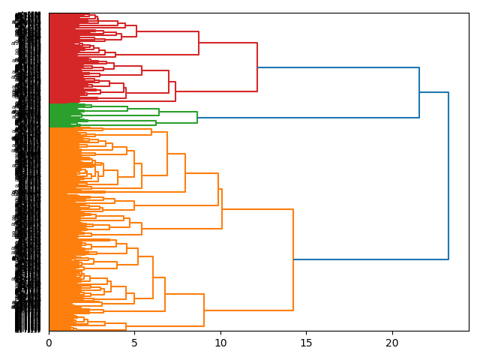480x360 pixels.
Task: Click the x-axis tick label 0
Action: pos(49,343)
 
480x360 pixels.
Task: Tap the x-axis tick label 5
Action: pos(135,343)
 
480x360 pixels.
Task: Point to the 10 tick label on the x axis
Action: pos(220,343)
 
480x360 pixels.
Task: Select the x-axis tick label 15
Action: pos(306,343)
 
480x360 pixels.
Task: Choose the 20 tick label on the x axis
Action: pos(391,343)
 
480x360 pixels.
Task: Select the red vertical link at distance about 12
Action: pos(257,67)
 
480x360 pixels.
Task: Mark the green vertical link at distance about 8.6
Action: pos(197,118)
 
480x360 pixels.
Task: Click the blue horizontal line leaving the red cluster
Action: pos(337,67)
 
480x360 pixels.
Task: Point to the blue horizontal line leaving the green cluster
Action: pos(307,118)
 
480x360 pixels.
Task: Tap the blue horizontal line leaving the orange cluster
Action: pos(370,259)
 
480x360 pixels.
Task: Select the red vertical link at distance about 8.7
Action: pos(199,43)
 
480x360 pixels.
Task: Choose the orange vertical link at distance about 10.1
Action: pos(222,208)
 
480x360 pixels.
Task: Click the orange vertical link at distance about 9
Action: pos(204,310)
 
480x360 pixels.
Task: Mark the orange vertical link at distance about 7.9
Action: pos(185,172)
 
